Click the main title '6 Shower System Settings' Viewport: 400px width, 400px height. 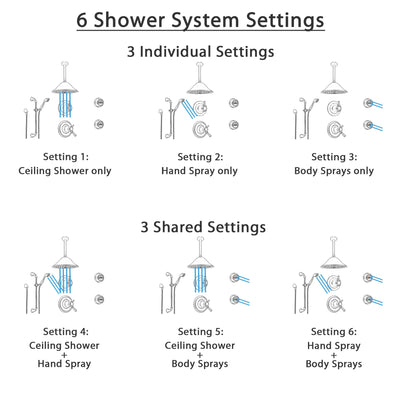200,19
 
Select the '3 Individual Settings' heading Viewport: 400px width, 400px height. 200,51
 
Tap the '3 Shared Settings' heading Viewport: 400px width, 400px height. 200,227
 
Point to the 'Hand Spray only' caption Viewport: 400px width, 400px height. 200,171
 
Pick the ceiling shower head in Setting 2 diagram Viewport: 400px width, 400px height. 200,88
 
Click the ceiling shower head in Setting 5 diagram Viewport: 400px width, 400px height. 200,264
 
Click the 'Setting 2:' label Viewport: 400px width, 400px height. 200,157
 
